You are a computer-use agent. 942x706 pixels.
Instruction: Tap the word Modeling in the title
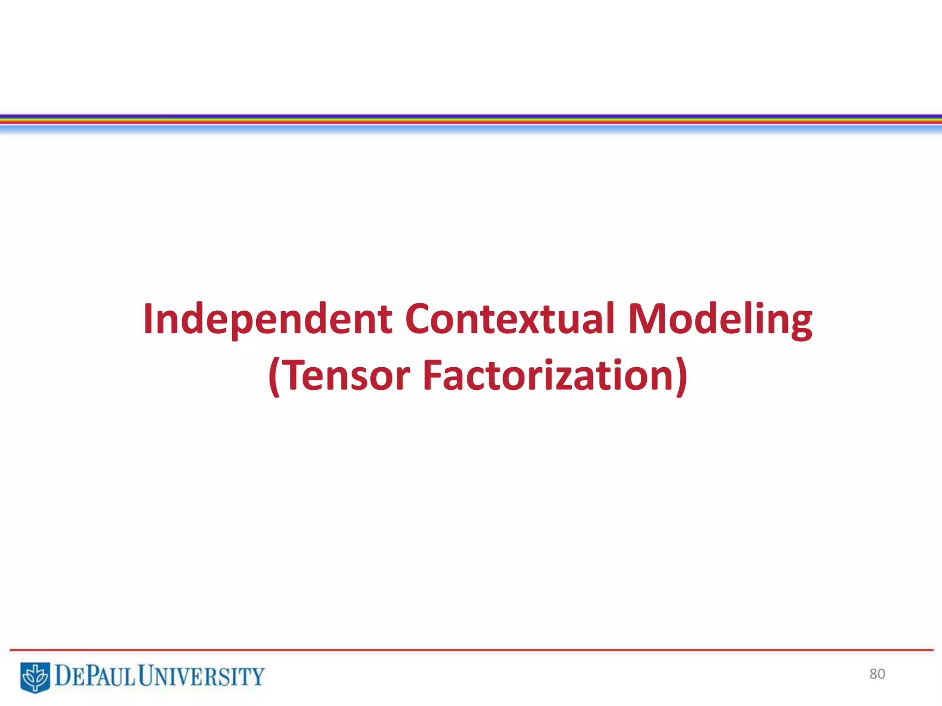coord(720,319)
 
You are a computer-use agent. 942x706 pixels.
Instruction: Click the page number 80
coord(877,674)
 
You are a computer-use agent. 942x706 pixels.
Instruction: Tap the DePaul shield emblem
coord(35,677)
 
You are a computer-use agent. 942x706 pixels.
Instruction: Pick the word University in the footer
coord(201,677)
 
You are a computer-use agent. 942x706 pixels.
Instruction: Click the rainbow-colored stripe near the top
coord(471,120)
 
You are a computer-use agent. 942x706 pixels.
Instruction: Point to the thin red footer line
coord(471,650)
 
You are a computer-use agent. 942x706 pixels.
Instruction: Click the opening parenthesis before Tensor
coord(274,376)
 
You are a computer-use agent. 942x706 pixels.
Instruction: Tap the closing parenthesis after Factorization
coord(682,376)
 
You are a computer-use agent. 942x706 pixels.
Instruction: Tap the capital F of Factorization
coord(433,376)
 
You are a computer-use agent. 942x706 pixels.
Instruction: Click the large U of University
coord(147,677)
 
